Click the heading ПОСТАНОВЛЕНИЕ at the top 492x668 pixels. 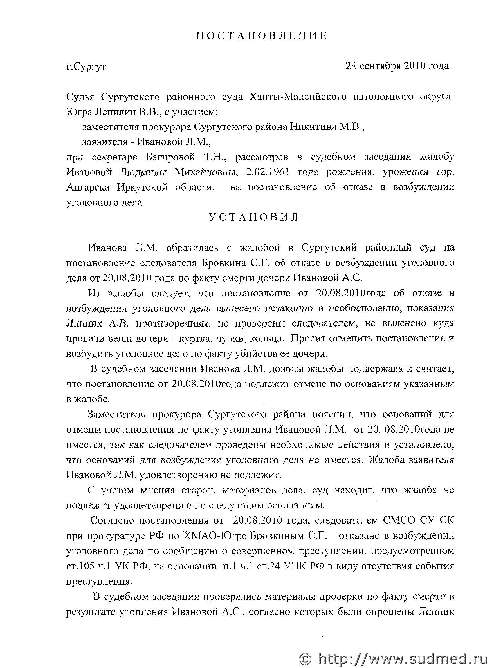(x=262, y=36)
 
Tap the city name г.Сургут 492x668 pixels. (x=86, y=66)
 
